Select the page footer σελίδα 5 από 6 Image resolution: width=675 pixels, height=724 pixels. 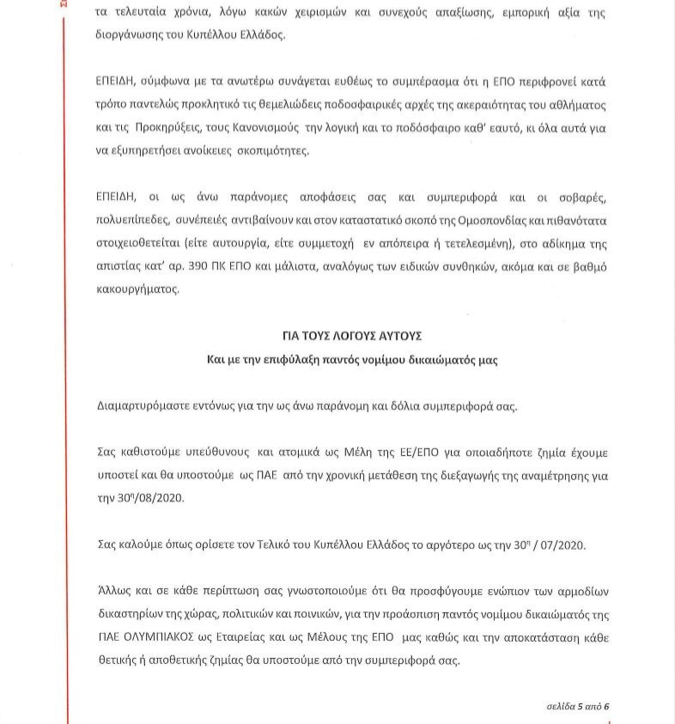pyautogui.click(x=578, y=706)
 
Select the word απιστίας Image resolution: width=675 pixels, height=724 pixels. pyautogui.click(x=117, y=267)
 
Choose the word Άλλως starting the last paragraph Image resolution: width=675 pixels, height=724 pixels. pyautogui.click(x=112, y=594)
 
